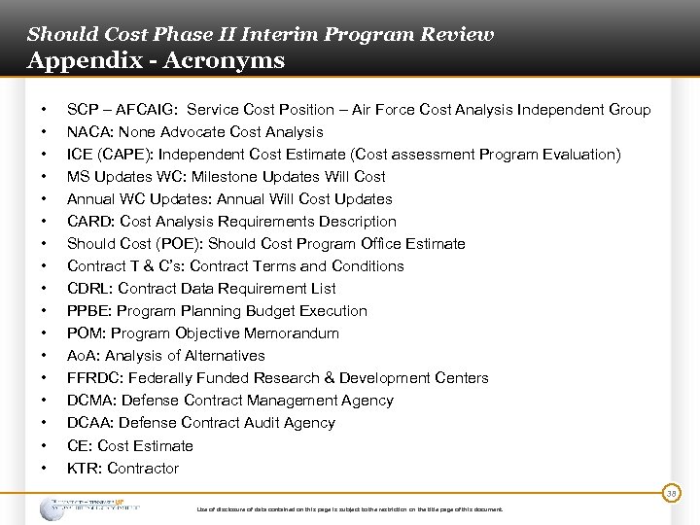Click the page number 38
[671, 494]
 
